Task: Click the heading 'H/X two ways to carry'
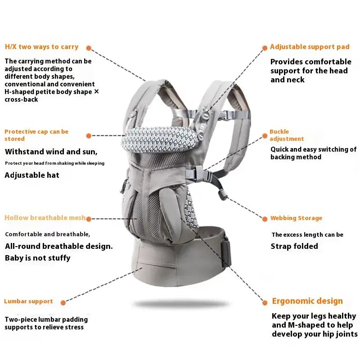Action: point(41,47)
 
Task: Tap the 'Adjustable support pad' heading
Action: point(310,47)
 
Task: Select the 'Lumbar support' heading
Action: point(28,301)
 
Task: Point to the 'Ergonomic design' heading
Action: point(307,301)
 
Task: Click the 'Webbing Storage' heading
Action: point(296,218)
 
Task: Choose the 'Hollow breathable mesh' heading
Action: point(45,218)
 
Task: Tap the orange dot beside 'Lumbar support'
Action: point(63,303)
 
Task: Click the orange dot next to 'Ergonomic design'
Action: point(265,303)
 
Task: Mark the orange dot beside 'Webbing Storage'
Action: point(265,219)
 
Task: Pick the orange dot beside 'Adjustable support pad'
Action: point(265,48)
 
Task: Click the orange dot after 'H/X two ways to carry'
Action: point(89,48)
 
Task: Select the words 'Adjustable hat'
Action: point(32,175)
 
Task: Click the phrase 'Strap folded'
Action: point(294,246)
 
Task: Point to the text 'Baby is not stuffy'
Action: point(38,258)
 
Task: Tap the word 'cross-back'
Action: point(21,99)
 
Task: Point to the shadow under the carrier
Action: point(180,304)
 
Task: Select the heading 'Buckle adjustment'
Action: point(287,135)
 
